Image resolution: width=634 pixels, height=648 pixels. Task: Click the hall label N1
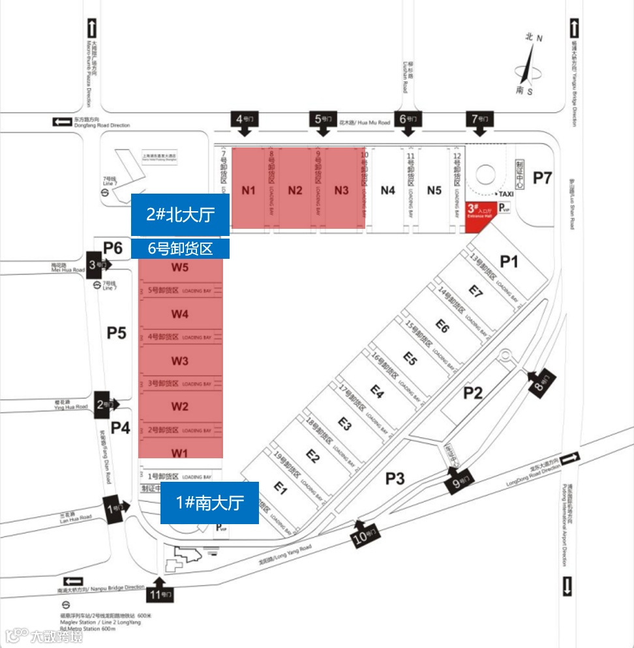[249, 190]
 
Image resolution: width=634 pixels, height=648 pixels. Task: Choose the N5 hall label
[434, 190]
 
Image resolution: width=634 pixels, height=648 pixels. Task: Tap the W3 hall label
[180, 361]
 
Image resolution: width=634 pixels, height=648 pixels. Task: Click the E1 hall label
[281, 486]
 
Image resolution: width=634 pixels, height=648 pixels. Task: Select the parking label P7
[543, 177]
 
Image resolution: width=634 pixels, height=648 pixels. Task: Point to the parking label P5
[117, 333]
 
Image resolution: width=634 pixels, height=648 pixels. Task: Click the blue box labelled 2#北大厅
[181, 214]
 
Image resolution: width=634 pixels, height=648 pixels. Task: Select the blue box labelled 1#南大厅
[209, 503]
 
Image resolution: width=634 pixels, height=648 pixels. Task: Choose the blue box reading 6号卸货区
[181, 248]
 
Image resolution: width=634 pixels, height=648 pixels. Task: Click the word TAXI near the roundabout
[506, 194]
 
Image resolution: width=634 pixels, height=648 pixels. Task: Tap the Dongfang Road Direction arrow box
[63, 121]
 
